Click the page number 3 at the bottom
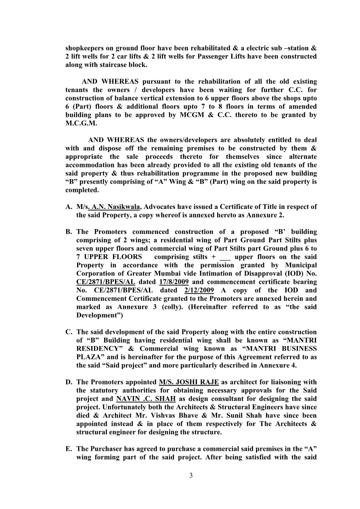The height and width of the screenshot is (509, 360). coord(191,476)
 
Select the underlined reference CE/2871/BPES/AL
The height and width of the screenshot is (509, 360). coord(106,282)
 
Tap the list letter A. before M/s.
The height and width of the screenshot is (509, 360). coord(69,207)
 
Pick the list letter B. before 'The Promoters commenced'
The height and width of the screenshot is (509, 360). coord(69,232)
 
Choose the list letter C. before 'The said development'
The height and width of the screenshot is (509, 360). coord(69,332)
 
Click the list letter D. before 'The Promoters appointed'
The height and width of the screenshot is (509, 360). coord(69,382)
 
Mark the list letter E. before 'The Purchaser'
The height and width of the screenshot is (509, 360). coord(69,449)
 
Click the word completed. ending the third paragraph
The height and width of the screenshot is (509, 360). coord(82,190)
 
